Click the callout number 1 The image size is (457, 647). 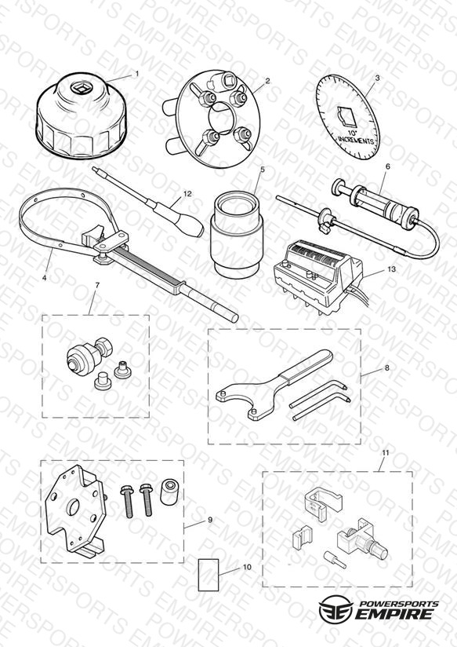(137, 74)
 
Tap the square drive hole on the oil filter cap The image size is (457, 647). (78, 86)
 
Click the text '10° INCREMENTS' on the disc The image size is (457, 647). (355, 138)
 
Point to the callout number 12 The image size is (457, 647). (187, 193)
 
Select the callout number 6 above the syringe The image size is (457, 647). (387, 166)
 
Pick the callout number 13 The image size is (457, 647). (391, 269)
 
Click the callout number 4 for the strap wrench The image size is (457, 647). (44, 278)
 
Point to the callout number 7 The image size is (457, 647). (97, 285)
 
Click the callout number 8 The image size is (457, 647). (386, 368)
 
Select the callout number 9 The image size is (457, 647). (210, 520)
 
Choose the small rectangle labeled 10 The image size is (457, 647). (209, 575)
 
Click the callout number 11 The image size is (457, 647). (386, 452)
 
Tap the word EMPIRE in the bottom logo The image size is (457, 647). (394, 613)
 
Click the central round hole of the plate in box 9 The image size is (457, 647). (74, 506)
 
